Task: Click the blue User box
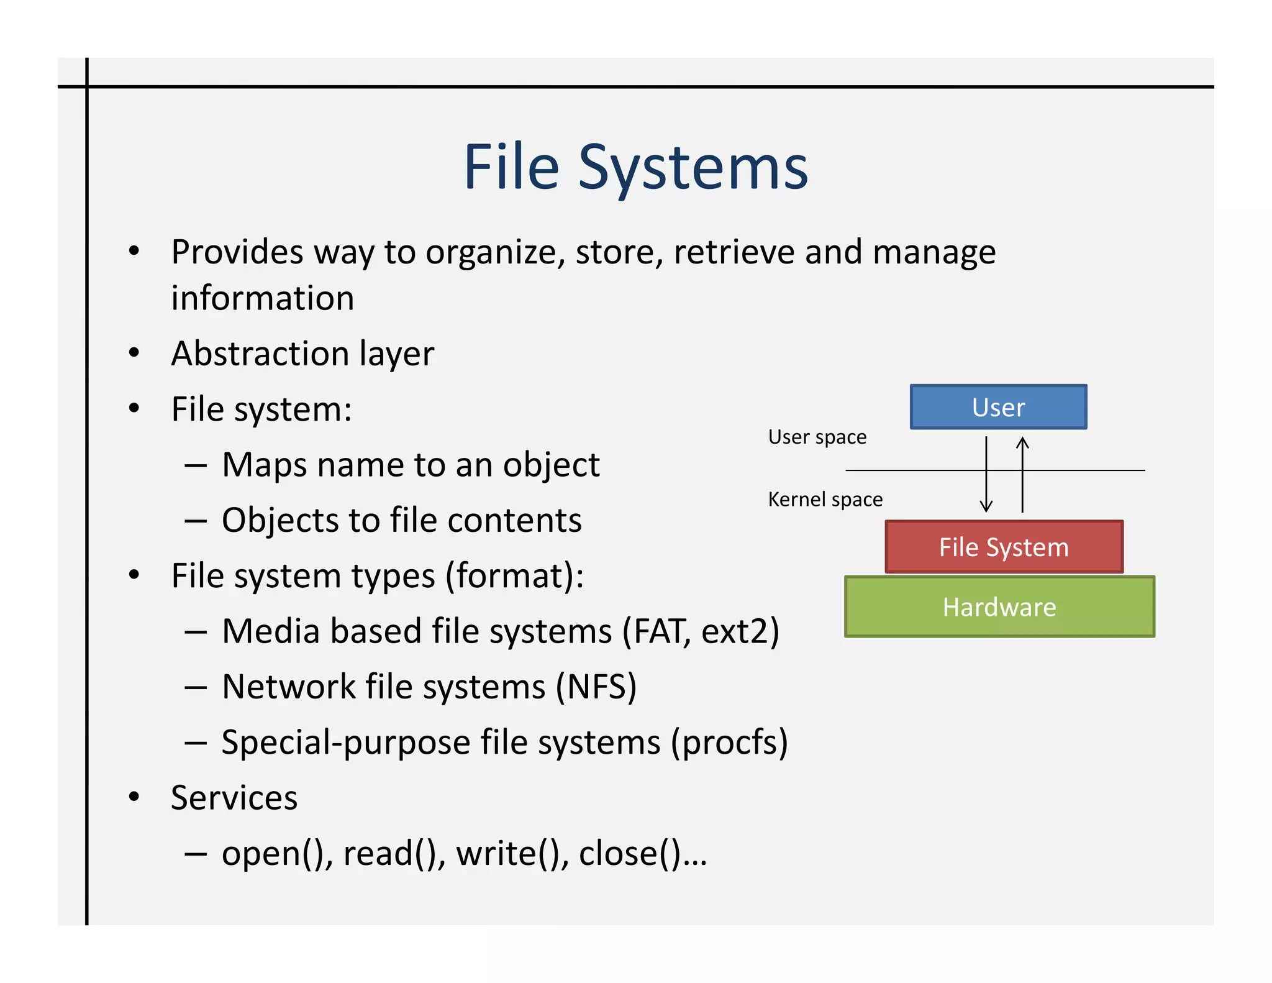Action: tap(998, 407)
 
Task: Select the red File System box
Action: tap(1004, 547)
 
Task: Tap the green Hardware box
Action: tap(999, 606)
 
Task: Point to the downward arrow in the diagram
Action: tap(986, 475)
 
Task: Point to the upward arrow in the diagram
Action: tap(1022, 475)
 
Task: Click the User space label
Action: tap(817, 437)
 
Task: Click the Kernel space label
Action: tap(825, 499)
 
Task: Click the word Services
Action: tap(234, 797)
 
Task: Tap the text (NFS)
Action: tap(596, 687)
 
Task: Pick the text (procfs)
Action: tap(729, 742)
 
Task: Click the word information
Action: tap(262, 298)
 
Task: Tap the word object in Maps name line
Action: tap(551, 465)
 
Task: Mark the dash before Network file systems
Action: tap(196, 687)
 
